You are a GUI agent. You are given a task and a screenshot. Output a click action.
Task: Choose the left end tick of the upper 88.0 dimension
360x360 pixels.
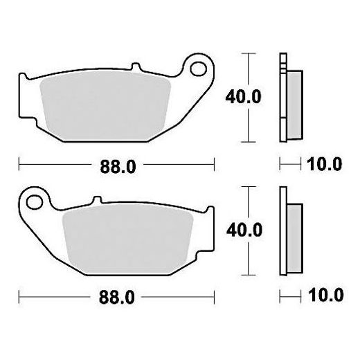tap(19, 165)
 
